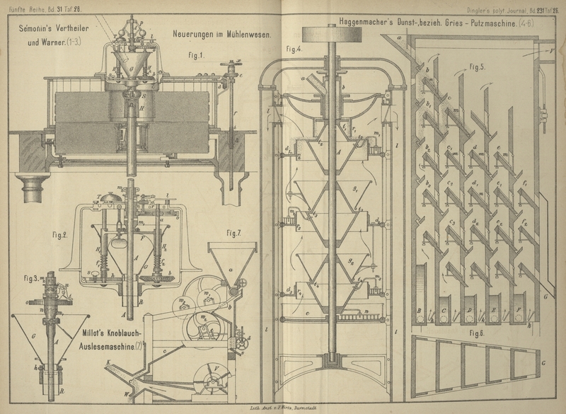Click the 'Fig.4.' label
tap(293, 49)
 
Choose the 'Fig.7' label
tap(236, 233)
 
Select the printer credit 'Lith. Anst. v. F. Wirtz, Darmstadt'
tap(283, 409)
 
